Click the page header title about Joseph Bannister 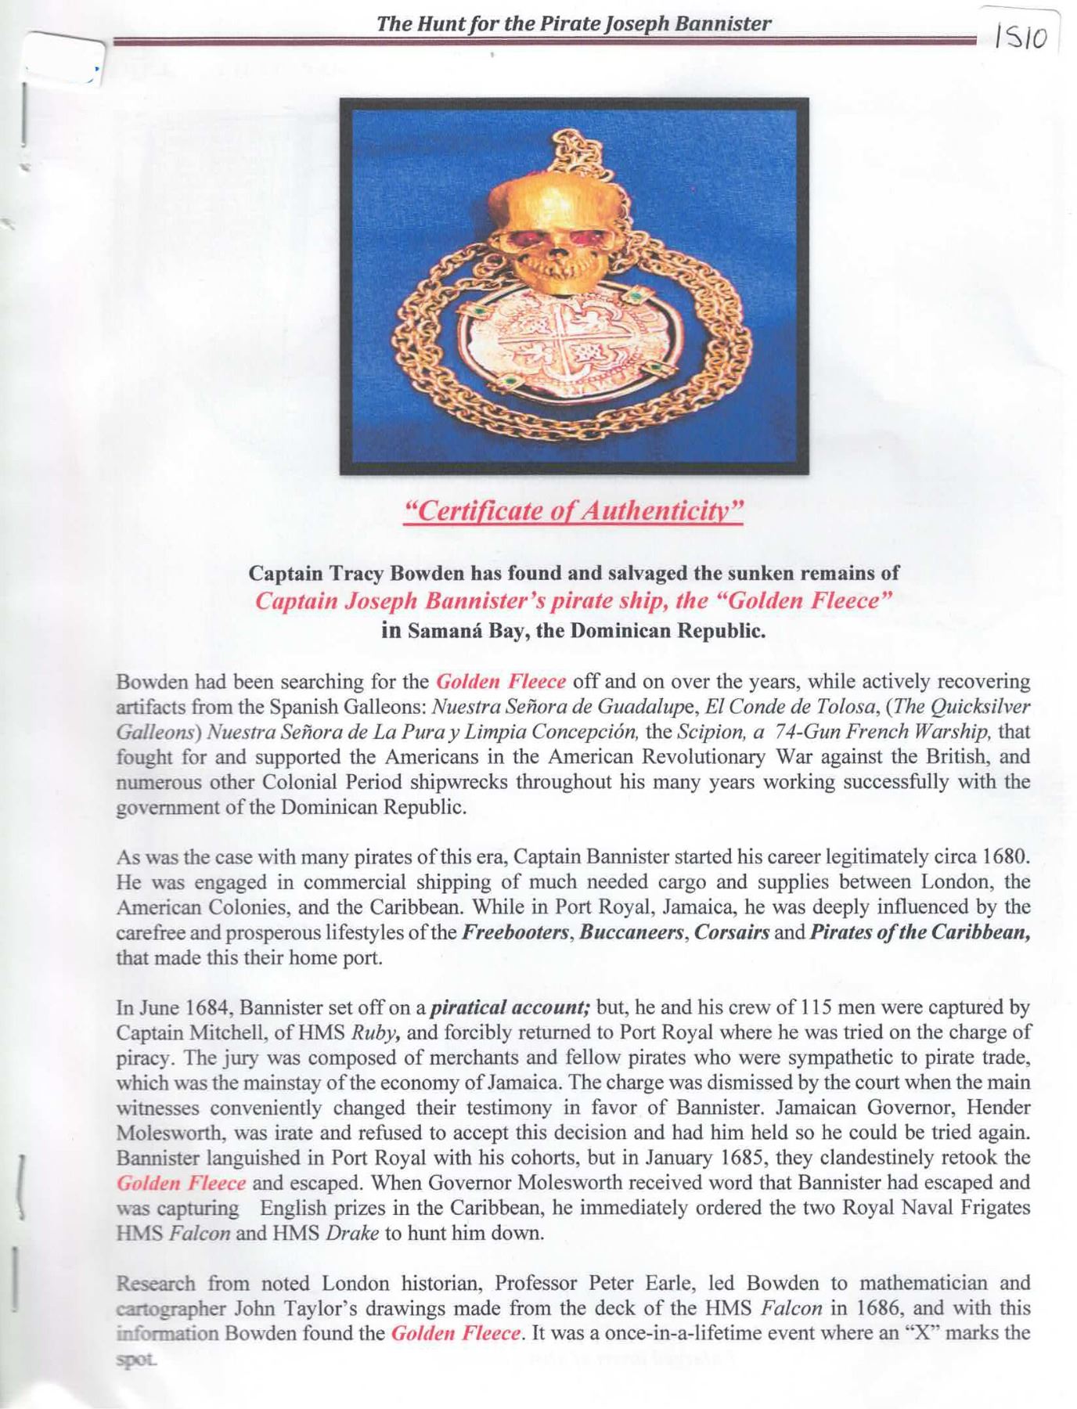pyautogui.click(x=574, y=23)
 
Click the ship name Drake pyautogui.click(x=352, y=1233)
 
